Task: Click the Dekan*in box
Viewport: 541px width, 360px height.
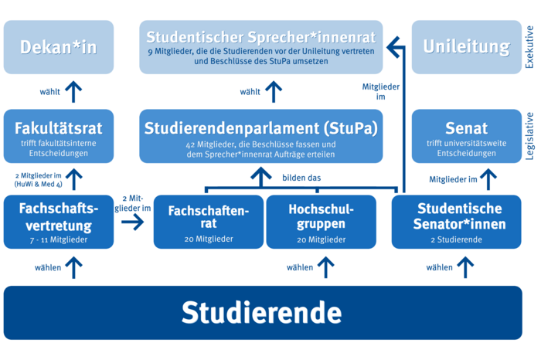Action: tap(59, 47)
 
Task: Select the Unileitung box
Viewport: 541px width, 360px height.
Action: tap(467, 47)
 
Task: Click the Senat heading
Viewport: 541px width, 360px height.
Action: tap(467, 127)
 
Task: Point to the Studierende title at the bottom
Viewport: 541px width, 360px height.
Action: tap(262, 313)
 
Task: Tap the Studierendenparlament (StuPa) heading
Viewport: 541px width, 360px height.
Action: tap(261, 127)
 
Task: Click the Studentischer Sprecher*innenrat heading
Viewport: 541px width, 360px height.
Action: tap(261, 36)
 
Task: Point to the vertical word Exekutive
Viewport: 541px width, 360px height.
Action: tap(529, 47)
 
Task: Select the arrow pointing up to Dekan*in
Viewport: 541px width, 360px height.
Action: tap(73, 91)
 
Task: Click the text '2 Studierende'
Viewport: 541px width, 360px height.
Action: tap(460, 240)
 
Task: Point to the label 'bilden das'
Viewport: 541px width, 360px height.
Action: tap(301, 178)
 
